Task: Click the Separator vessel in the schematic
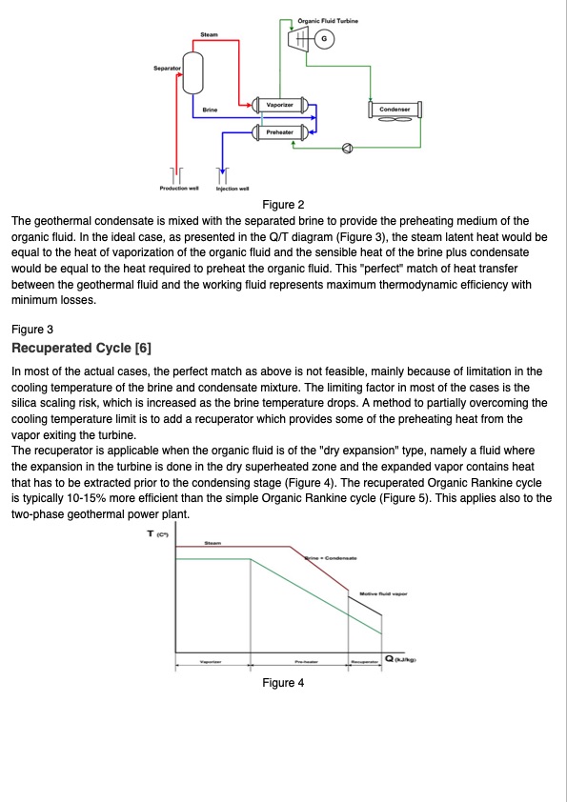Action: [194, 70]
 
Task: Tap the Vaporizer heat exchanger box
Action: [279, 103]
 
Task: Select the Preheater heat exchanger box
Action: [279, 131]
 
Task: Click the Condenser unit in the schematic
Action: [395, 110]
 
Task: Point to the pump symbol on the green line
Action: [348, 148]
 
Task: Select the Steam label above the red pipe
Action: [210, 35]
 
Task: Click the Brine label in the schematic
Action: [210, 110]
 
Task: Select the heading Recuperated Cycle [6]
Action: [81, 347]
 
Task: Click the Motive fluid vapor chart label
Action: [383, 592]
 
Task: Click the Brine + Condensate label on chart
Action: [330, 558]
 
